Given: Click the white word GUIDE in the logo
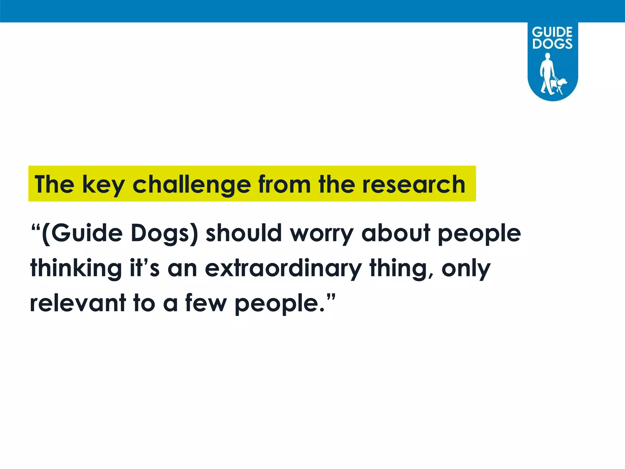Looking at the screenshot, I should (552, 32).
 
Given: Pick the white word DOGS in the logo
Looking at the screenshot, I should (552, 43).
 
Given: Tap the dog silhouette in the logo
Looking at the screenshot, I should (559, 85).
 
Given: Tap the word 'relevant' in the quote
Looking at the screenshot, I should (78, 303).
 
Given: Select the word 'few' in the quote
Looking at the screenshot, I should (206, 303).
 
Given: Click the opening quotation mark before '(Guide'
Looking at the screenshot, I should (36, 227).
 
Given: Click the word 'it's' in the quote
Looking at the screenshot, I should (145, 268).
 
